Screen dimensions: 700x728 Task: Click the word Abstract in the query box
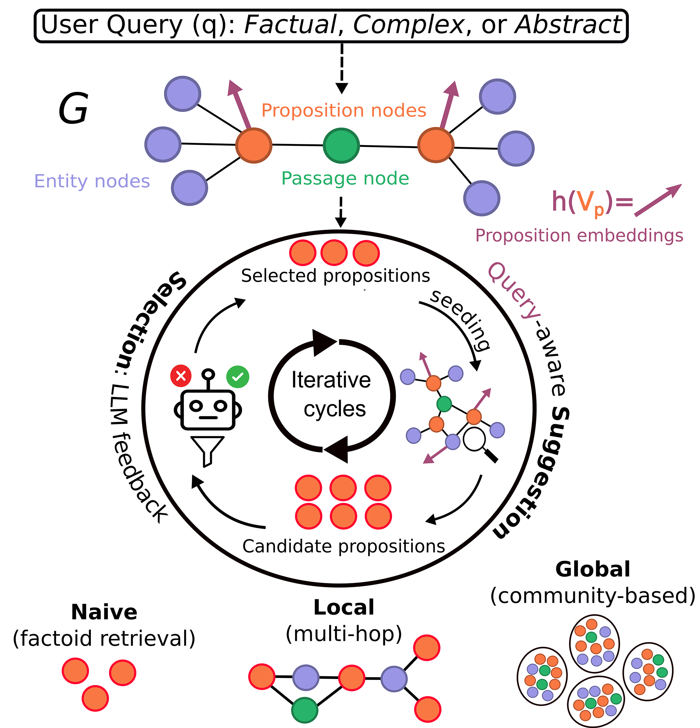tap(568, 25)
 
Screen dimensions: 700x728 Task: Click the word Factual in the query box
tap(290, 25)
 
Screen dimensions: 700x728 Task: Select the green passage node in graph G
tap(341, 145)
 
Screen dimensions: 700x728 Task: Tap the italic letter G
tap(73, 109)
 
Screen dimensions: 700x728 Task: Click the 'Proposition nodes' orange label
tap(344, 110)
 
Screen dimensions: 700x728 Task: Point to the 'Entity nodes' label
tap(92, 181)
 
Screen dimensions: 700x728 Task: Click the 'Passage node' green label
tap(345, 179)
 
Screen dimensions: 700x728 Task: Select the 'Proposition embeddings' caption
tap(579, 235)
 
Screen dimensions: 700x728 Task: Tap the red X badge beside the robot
tap(181, 376)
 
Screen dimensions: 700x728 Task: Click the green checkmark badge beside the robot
tap(238, 377)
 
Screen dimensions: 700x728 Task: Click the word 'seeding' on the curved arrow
tap(460, 320)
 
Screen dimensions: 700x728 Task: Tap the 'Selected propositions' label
tap(335, 276)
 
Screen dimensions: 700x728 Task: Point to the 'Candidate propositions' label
tap(344, 546)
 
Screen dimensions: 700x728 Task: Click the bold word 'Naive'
tap(104, 612)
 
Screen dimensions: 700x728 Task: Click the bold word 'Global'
tap(592, 569)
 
